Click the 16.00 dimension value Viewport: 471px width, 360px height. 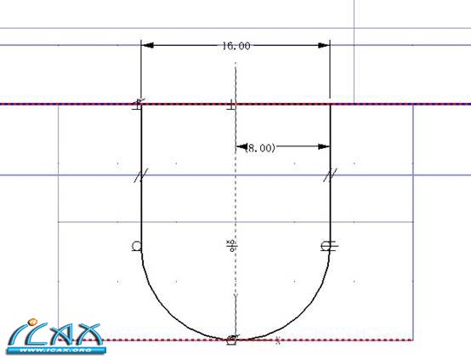236,46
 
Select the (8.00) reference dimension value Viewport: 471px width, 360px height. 260,148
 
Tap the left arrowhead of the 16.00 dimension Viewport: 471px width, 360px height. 147,45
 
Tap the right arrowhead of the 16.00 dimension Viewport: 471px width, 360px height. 324,45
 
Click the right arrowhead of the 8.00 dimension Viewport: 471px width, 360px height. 324,146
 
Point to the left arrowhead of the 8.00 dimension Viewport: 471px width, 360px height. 241,146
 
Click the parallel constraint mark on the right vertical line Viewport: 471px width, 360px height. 330,175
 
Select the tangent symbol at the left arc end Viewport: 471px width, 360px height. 136,246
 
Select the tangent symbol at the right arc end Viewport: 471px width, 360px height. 329,246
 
